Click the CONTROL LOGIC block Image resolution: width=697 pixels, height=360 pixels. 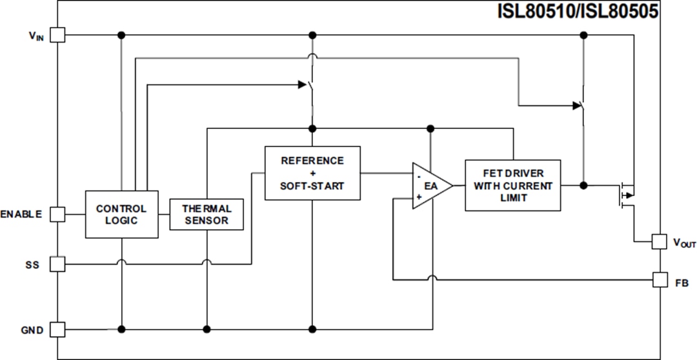pyautogui.click(x=121, y=214)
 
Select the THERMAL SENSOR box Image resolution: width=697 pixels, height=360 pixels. pyautogui.click(x=206, y=214)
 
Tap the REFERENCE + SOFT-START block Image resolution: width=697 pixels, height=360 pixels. pyautogui.click(x=312, y=173)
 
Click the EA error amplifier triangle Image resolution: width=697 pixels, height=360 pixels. pyautogui.click(x=430, y=186)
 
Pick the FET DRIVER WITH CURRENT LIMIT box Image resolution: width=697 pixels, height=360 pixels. pyautogui.click(x=513, y=186)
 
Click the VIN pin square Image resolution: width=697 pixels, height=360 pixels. pyautogui.click(x=58, y=35)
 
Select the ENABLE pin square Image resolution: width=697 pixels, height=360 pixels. pyautogui.click(x=58, y=214)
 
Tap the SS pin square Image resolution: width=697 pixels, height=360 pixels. pyautogui.click(x=58, y=264)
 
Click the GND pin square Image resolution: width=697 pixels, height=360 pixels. pyautogui.click(x=58, y=330)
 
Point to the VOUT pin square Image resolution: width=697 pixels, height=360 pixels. pyautogui.click(x=659, y=241)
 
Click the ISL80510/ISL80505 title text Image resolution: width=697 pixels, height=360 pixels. pyautogui.click(x=578, y=11)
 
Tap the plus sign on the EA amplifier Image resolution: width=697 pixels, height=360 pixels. pyautogui.click(x=419, y=197)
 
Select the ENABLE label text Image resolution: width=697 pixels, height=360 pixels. pyautogui.click(x=21, y=214)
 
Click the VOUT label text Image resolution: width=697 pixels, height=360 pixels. pyautogui.click(x=684, y=243)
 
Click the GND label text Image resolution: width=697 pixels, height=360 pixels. pyautogui.click(x=32, y=330)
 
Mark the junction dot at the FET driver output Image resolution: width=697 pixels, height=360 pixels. pyautogui.click(x=583, y=185)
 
